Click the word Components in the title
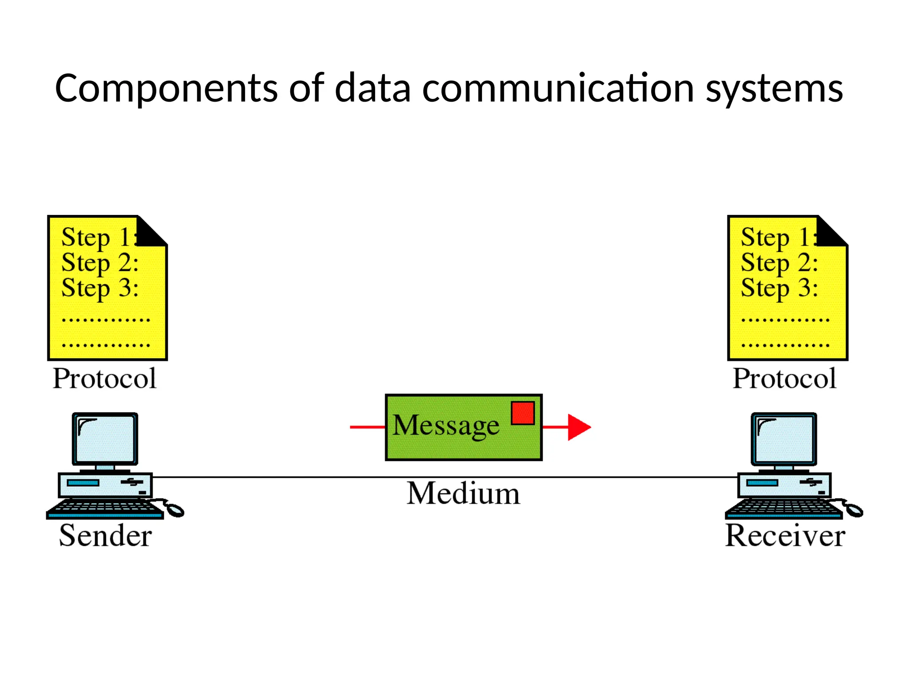point(167,89)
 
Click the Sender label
point(106,536)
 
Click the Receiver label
point(785,536)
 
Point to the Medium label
point(463,494)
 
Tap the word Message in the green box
point(446,425)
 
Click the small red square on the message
point(522,413)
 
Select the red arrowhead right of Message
point(578,427)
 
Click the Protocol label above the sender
point(105,379)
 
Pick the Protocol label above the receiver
point(784,379)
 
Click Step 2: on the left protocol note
point(100,263)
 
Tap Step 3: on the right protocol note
point(779,288)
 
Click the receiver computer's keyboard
point(784,508)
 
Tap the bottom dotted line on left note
point(106,345)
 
